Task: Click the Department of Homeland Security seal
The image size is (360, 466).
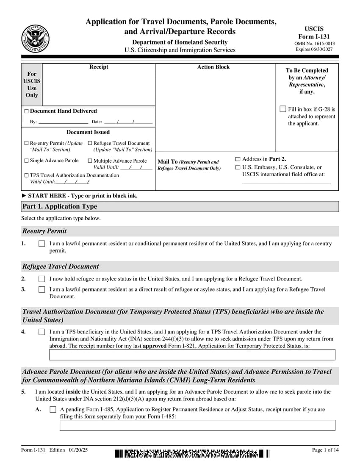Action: coord(35,39)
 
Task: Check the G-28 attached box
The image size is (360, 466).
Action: coord(283,109)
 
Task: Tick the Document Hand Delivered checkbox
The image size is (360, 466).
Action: coord(27,111)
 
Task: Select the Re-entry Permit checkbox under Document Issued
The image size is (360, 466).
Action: coord(27,143)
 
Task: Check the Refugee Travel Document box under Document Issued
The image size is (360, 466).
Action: coord(90,143)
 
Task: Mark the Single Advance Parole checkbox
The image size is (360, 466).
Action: coord(27,161)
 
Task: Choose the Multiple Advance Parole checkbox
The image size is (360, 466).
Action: coord(90,161)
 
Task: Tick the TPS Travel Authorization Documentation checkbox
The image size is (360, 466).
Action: coord(27,175)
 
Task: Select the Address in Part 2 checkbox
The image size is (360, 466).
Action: coord(238,159)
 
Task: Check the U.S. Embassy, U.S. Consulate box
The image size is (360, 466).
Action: coord(238,167)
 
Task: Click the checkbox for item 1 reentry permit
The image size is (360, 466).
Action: coord(42,244)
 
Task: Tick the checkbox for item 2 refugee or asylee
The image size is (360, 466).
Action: coord(42,279)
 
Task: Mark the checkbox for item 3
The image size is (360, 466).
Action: coord(42,290)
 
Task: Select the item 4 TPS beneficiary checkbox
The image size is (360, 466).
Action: coord(42,332)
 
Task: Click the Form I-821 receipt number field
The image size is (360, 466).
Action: coord(192,355)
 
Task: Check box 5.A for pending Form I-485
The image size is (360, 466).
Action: coord(53,410)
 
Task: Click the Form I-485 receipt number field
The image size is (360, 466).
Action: coord(197,425)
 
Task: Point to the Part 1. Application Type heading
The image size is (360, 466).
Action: coord(60,206)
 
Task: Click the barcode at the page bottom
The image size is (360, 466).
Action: coord(192,454)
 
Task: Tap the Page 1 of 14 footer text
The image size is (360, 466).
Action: coord(325,450)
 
